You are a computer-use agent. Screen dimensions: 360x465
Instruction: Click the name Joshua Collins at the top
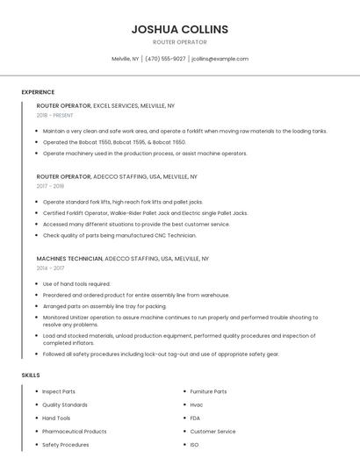(179, 29)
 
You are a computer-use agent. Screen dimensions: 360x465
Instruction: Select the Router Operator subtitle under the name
(179, 42)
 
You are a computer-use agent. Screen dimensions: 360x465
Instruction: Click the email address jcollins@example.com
(220, 59)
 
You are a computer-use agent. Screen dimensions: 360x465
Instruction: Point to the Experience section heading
(38, 92)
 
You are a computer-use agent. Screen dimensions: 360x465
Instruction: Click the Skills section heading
(31, 375)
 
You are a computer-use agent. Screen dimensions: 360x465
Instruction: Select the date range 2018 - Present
(55, 115)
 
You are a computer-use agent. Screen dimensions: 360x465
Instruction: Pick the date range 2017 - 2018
(51, 186)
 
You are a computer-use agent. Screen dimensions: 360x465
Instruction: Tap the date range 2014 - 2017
(51, 268)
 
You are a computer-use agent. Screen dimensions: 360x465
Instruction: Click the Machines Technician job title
(69, 259)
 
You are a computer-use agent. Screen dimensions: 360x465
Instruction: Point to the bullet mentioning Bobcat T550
(114, 142)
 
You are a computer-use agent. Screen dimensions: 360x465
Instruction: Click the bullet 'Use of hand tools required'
(76, 284)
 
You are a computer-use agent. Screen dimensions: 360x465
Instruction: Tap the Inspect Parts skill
(59, 391)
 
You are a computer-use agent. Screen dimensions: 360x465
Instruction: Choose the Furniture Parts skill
(208, 391)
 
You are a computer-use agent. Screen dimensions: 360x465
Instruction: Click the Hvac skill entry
(197, 404)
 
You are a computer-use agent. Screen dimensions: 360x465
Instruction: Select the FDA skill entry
(195, 418)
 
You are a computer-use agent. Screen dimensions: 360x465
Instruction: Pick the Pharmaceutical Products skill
(75, 432)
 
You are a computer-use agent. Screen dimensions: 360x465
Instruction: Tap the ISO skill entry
(194, 445)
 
